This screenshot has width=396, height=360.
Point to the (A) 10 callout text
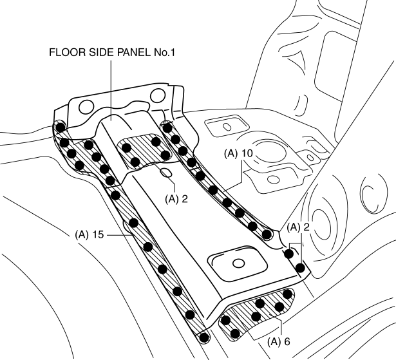(x=240, y=155)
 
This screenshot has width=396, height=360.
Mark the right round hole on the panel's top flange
(x=157, y=97)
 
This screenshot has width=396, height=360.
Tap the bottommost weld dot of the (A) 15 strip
(x=204, y=336)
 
